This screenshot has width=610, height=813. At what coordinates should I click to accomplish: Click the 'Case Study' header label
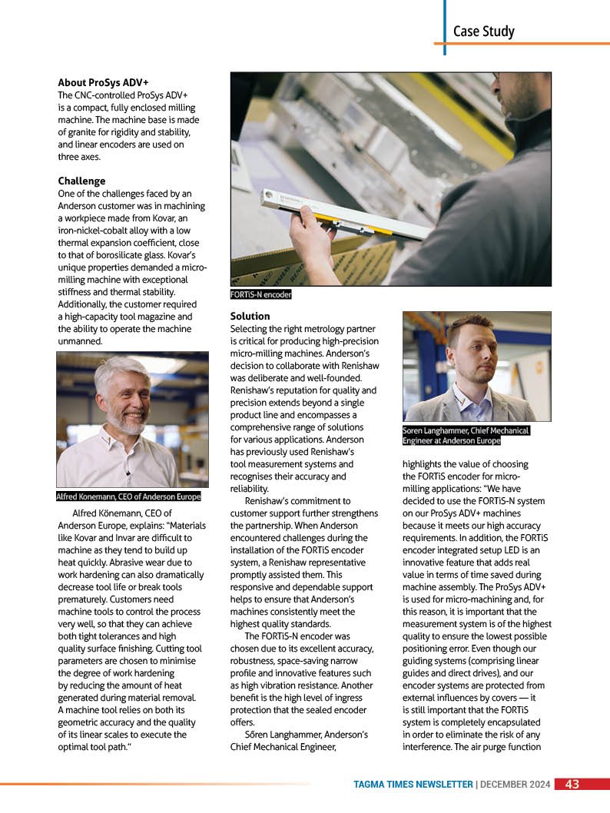(x=484, y=32)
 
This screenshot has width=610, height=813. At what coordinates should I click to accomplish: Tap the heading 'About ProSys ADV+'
(x=103, y=82)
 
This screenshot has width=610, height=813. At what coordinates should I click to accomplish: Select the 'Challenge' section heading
(x=81, y=181)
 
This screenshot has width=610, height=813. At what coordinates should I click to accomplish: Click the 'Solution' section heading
(x=250, y=316)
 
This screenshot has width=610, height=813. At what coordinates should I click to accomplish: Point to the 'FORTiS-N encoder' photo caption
(x=261, y=294)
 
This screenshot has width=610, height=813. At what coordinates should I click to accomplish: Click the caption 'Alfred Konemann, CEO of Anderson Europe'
(x=128, y=496)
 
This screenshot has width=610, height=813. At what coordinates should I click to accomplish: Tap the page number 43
(x=572, y=785)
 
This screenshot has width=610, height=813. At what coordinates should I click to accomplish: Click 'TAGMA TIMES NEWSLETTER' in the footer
(x=413, y=785)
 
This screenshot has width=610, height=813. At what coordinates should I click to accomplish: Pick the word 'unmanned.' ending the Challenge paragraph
(x=81, y=340)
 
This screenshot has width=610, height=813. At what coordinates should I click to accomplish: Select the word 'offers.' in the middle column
(x=244, y=722)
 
